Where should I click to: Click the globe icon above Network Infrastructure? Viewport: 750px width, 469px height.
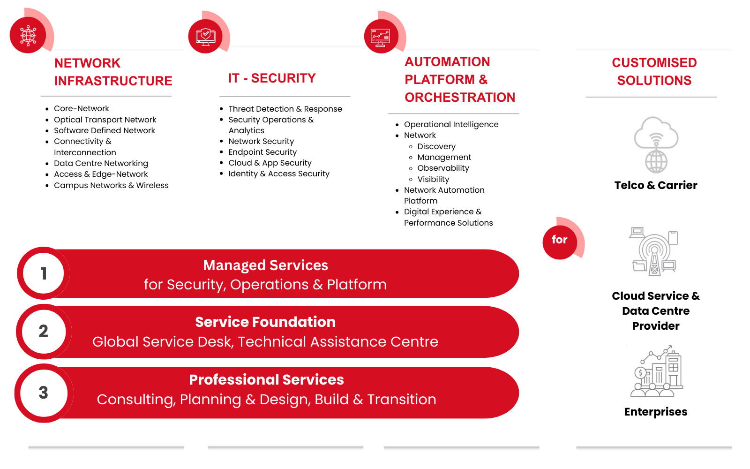[x=28, y=35]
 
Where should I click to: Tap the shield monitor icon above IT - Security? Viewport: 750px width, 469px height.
[x=205, y=36]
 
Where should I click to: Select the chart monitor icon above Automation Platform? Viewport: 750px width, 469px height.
[x=380, y=37]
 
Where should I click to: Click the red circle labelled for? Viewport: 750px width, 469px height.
[x=559, y=240]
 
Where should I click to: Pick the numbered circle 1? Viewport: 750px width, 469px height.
[x=44, y=273]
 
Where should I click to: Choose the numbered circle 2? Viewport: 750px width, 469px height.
[x=44, y=331]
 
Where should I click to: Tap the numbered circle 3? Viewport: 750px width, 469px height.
[x=44, y=393]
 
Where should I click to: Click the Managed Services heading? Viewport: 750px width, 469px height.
[x=265, y=265]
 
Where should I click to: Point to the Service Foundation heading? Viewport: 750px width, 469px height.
[x=265, y=322]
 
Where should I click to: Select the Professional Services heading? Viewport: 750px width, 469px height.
[x=266, y=379]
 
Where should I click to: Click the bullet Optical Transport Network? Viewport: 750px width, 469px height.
[x=105, y=120]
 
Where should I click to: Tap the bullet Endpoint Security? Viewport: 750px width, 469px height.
[x=262, y=152]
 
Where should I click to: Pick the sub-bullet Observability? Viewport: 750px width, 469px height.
[x=443, y=168]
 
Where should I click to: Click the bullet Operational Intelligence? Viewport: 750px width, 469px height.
[x=451, y=124]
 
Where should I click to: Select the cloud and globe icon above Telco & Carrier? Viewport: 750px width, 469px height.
[x=656, y=145]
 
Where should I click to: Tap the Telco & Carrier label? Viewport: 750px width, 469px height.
[x=656, y=185]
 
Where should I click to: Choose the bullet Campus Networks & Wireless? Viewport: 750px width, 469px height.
[x=111, y=185]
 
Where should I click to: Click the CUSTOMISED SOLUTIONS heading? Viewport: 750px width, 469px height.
[x=654, y=71]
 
